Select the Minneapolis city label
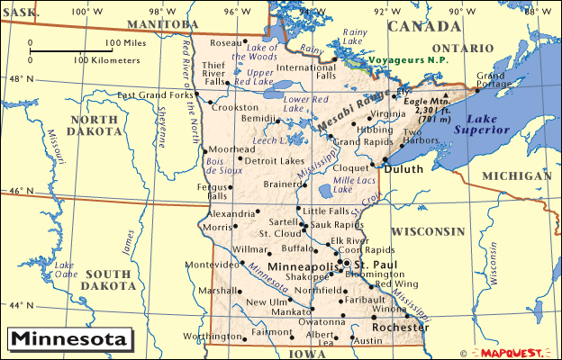pos(297,266)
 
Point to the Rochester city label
pos(400,328)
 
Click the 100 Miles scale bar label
pos(126,42)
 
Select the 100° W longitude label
pos(81,10)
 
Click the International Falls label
pos(312,72)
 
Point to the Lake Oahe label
pos(64,270)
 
